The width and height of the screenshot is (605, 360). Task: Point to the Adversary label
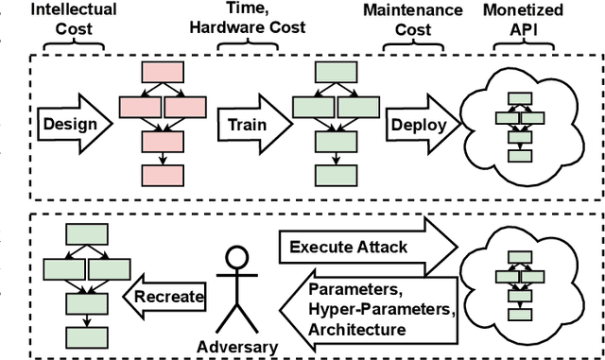point(236,347)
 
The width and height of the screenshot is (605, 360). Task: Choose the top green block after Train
point(332,71)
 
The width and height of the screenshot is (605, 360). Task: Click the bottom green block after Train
point(332,176)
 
